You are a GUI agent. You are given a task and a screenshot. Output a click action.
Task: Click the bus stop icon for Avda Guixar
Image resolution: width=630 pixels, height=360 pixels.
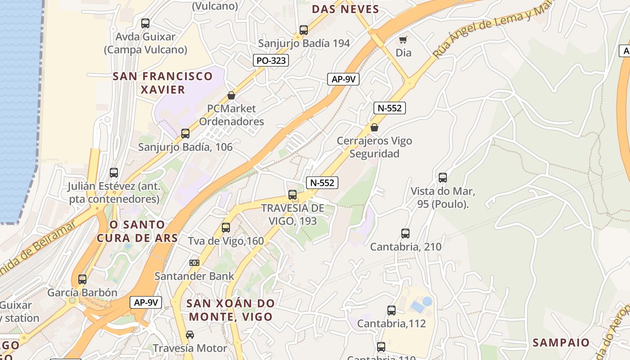point(145,23)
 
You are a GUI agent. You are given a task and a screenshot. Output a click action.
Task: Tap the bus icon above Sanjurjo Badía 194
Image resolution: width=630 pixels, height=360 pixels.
point(304,30)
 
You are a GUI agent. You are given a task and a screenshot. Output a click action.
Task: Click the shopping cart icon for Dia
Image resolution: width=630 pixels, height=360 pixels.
point(403,40)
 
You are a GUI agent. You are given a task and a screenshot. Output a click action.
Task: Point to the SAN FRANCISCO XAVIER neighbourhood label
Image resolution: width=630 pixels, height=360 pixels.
point(162,83)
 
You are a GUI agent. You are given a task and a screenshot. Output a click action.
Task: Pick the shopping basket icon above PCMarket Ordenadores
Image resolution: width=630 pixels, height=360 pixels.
point(231,95)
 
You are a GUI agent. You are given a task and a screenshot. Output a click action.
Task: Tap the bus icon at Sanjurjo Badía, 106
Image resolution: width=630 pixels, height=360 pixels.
point(185,134)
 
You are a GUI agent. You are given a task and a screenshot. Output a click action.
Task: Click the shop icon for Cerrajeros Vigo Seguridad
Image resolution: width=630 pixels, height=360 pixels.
point(374,128)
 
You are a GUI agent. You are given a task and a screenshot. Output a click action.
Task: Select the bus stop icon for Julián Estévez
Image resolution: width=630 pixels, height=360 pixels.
point(114,173)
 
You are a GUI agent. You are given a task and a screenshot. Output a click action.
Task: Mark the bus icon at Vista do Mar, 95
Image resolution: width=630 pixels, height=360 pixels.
point(443,178)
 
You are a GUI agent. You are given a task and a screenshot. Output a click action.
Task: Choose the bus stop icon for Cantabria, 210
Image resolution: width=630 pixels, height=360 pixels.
point(405,234)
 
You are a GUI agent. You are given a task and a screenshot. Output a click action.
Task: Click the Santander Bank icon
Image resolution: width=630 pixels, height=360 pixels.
point(194,263)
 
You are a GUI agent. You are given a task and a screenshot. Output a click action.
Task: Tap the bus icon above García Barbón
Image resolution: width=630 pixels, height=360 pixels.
point(82,279)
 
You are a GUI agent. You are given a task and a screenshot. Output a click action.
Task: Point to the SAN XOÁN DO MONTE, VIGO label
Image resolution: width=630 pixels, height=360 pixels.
point(230,310)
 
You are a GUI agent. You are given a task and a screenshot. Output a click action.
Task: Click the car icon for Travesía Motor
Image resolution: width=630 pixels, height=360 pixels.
point(190,335)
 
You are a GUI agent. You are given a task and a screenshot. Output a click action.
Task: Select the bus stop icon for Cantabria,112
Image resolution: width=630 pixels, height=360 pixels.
point(391,310)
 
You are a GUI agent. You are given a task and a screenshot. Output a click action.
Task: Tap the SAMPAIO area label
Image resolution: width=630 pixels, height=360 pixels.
point(561,342)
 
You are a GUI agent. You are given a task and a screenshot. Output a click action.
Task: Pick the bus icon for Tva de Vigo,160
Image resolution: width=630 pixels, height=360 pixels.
point(226,228)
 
